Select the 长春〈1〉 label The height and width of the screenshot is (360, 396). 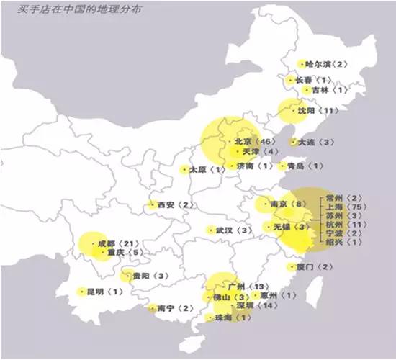(x=310, y=80)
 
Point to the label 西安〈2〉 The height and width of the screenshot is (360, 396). (x=176, y=205)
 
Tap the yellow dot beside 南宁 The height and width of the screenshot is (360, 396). (x=152, y=308)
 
